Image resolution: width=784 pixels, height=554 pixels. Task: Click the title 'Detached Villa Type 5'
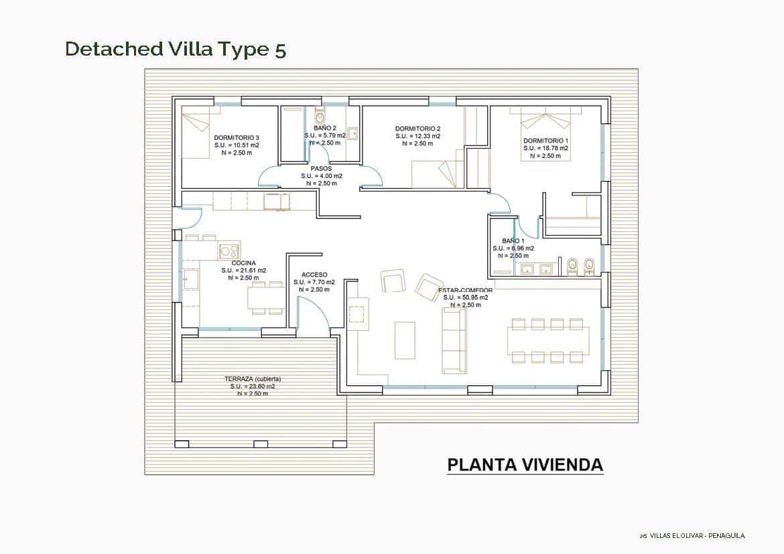176,50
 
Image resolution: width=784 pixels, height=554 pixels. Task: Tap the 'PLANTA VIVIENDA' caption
525,465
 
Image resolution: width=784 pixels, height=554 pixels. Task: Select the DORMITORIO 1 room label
545,141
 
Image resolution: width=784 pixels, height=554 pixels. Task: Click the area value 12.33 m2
417,136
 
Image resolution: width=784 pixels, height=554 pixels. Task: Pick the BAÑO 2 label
325,128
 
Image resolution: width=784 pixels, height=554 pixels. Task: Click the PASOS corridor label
321,169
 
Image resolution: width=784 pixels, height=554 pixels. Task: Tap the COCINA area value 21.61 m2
244,271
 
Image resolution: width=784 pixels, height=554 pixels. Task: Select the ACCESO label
314,275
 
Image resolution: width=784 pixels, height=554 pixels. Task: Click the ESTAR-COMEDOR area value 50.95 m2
465,297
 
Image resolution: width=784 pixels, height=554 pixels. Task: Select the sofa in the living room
454,340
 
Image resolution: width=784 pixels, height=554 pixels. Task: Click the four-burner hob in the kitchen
229,251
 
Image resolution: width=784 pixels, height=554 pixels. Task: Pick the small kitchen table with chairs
266,297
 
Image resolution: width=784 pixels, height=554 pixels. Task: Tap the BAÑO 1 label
513,240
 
